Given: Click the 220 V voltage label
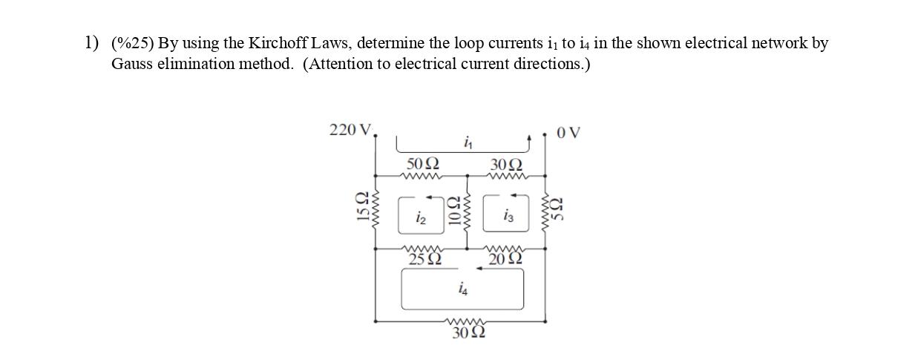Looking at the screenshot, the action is (x=352, y=131).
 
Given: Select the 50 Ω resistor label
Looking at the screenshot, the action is (x=423, y=163).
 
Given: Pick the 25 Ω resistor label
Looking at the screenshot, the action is (x=425, y=259).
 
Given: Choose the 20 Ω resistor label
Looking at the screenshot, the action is (x=507, y=259).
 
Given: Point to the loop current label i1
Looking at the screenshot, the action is (x=468, y=141).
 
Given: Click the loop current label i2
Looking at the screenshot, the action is (x=421, y=217).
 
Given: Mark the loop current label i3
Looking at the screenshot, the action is (x=508, y=216).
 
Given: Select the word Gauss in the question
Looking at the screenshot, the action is (x=131, y=64).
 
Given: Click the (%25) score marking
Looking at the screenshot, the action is (x=131, y=43).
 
